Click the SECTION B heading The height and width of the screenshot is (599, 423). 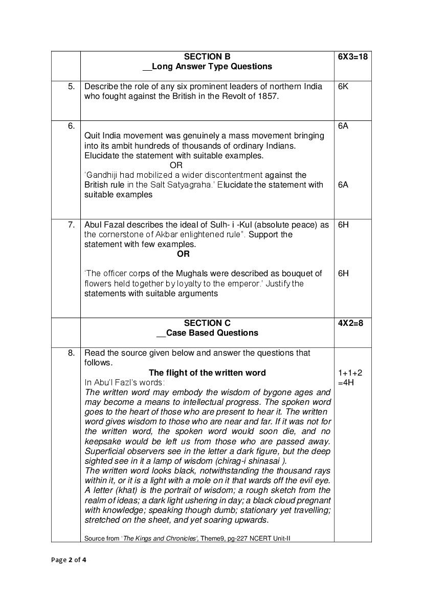pyautogui.click(x=207, y=56)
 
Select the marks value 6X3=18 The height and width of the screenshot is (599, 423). pyautogui.click(x=352, y=56)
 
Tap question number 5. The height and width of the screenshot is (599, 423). pyautogui.click(x=71, y=86)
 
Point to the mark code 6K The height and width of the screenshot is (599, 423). pyautogui.click(x=343, y=86)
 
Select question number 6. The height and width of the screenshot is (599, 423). pyautogui.click(x=71, y=126)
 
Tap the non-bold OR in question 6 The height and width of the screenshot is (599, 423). pyautogui.click(x=176, y=165)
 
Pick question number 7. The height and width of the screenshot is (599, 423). pyautogui.click(x=71, y=224)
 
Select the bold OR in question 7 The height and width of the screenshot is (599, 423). pyautogui.click(x=183, y=254)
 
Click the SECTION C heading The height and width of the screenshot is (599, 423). pyautogui.click(x=207, y=323)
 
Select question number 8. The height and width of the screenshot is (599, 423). pyautogui.click(x=71, y=353)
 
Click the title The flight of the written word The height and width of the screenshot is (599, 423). pyautogui.click(x=207, y=373)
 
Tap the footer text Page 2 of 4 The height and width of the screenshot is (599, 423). pyautogui.click(x=69, y=560)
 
